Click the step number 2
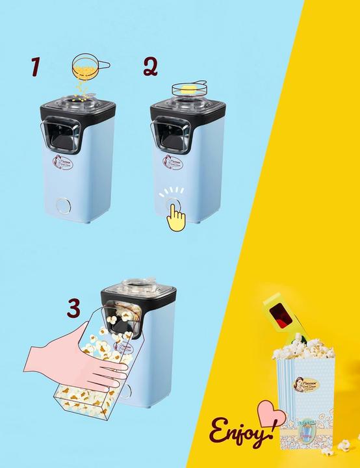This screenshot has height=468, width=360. pos(151,67)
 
